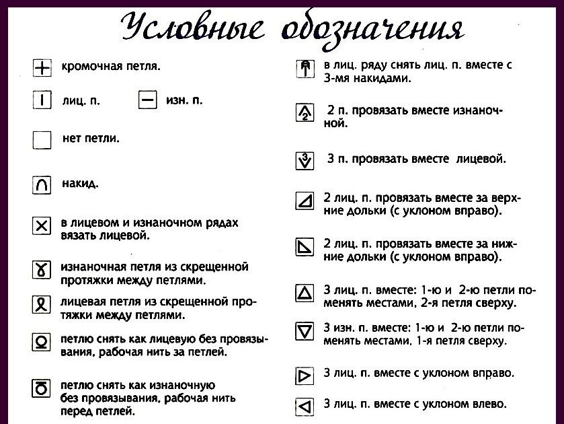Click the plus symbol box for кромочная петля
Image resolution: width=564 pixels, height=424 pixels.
[42, 67]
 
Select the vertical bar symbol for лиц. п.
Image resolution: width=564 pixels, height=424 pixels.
[42, 102]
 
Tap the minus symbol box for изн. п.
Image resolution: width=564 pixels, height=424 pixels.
[148, 101]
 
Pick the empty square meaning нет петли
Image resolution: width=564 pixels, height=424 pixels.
[42, 140]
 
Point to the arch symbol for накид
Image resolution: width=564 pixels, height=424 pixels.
[42, 184]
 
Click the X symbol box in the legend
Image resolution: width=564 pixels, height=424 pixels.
[42, 227]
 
